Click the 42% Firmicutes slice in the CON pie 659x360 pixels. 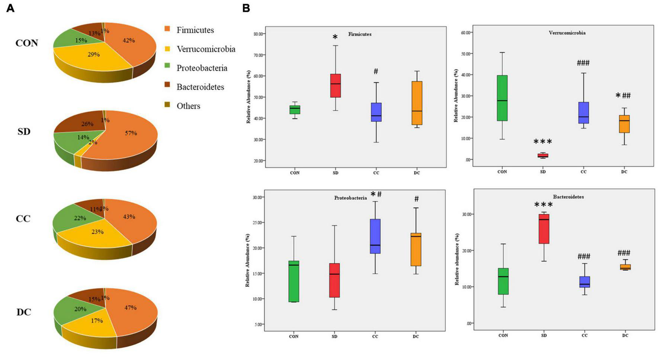128,41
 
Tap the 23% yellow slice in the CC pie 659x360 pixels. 97,232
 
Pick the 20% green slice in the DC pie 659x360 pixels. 80,309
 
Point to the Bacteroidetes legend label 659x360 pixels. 200,87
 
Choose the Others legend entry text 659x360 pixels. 188,106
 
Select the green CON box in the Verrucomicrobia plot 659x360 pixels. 502,98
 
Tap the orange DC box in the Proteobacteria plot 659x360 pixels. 416,249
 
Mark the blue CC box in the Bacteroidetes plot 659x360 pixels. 584,282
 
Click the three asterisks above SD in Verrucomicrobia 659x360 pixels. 543,142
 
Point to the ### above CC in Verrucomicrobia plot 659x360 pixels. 583,63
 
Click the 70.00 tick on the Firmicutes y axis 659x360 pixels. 258,55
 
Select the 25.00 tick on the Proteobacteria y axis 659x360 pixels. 257,222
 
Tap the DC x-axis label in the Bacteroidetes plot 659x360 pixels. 625,335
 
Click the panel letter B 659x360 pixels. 246,8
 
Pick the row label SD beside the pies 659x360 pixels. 24,132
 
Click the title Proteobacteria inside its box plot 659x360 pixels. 350,198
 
